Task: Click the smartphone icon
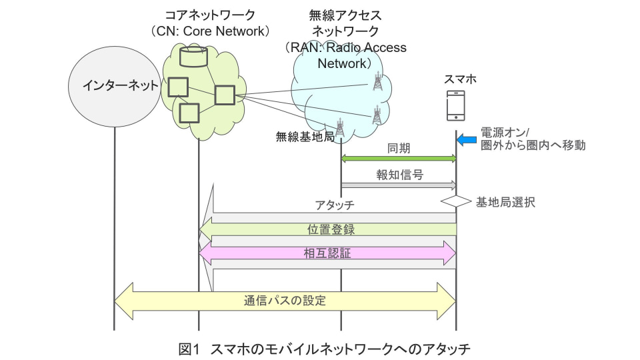(456, 105)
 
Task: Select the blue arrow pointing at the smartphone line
(467, 139)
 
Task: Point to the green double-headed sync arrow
(398, 159)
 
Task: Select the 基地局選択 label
(505, 201)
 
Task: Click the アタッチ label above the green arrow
(335, 204)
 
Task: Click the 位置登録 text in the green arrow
(331, 229)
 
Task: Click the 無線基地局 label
(305, 137)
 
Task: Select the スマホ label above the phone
(460, 79)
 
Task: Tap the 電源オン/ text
(505, 131)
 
